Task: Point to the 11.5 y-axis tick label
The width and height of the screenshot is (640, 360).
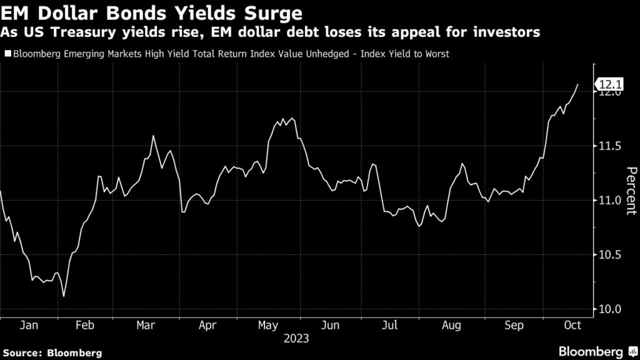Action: [x=610, y=146]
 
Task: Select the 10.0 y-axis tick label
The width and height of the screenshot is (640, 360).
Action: [x=610, y=309]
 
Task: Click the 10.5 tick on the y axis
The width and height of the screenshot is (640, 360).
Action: [x=610, y=255]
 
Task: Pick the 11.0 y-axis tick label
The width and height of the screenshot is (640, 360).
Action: [x=610, y=201]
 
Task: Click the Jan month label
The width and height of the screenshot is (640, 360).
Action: [x=30, y=325]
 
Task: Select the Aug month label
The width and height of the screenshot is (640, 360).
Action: [x=451, y=325]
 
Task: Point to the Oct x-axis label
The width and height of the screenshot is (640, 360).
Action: [x=572, y=325]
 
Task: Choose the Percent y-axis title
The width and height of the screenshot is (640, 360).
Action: [x=631, y=191]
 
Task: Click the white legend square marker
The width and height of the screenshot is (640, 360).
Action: [x=7, y=54]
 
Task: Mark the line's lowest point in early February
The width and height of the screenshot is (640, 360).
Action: [x=64, y=296]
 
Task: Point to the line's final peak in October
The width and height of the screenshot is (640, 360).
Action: [x=577, y=84]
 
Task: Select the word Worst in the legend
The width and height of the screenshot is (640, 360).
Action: [x=435, y=54]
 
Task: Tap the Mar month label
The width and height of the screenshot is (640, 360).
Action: [x=146, y=325]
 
